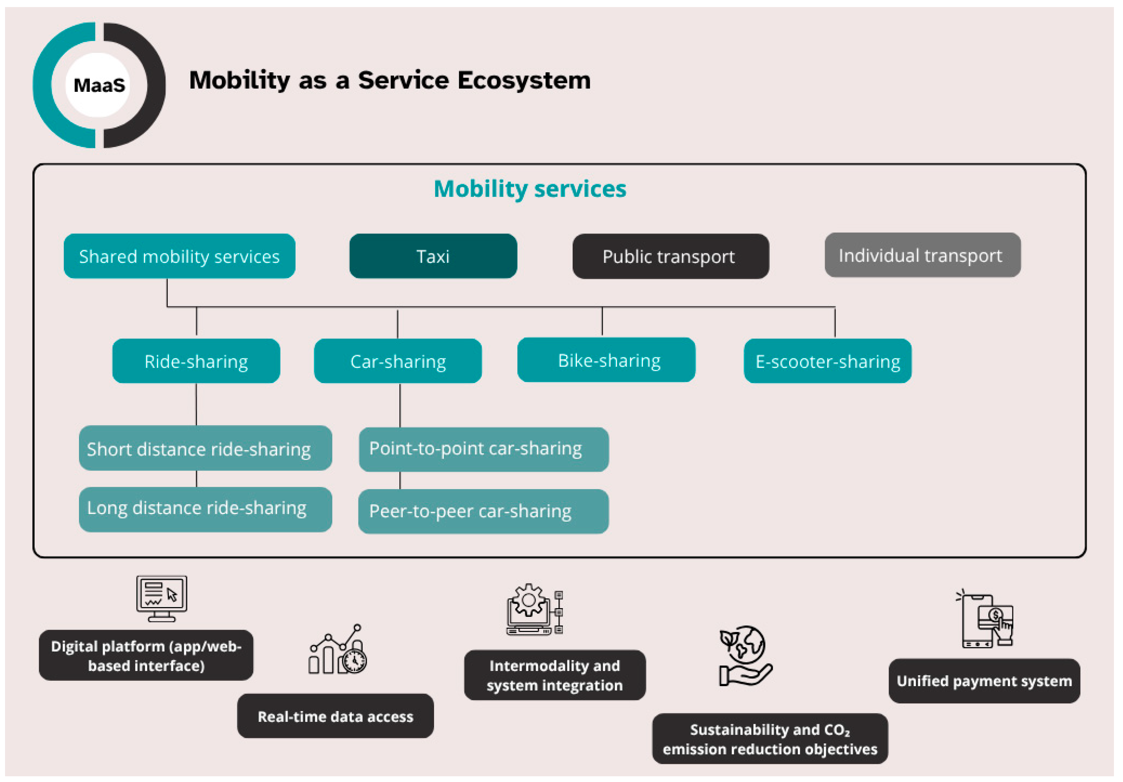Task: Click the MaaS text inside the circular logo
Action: click(99, 85)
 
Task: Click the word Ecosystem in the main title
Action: click(524, 80)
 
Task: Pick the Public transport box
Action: click(670, 256)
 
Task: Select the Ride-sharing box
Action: click(196, 361)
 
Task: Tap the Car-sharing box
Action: click(398, 361)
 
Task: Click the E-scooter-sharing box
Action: click(827, 361)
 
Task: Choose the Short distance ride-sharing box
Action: click(205, 448)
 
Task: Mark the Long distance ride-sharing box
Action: click(205, 509)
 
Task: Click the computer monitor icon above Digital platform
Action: click(161, 598)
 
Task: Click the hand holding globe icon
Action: click(744, 656)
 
